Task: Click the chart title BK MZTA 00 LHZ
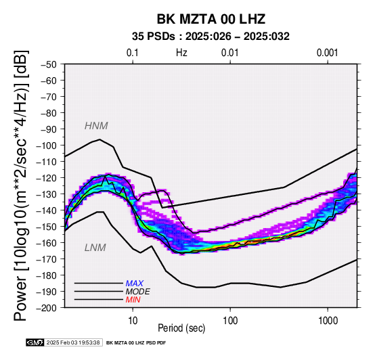(211, 19)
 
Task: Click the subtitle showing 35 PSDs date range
(211, 37)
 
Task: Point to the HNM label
(96, 126)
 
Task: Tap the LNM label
(95, 248)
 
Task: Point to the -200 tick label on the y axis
(46, 308)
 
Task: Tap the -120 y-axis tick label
(46, 178)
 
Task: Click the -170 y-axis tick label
(46, 259)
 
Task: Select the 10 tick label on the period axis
(133, 321)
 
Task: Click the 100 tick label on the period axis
(230, 321)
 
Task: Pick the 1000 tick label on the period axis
(328, 321)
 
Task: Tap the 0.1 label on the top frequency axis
(133, 53)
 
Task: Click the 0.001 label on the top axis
(328, 53)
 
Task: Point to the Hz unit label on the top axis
(181, 53)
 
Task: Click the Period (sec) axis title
(181, 328)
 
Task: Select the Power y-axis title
(20, 185)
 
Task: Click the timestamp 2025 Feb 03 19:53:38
(73, 342)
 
